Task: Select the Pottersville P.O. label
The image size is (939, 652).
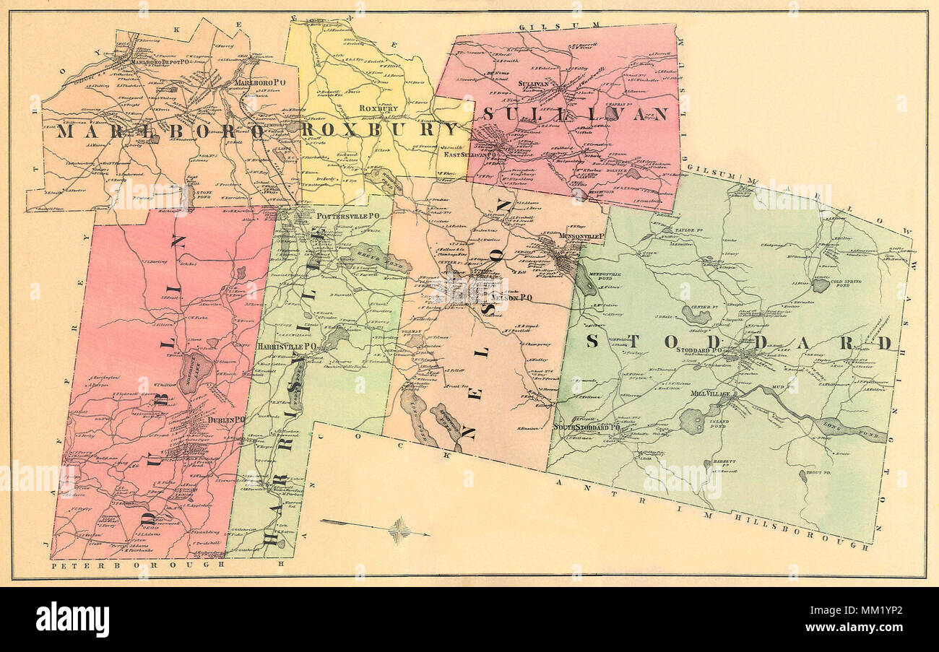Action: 344,215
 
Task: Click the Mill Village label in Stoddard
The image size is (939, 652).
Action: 711,394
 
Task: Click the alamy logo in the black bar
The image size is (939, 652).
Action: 72,619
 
